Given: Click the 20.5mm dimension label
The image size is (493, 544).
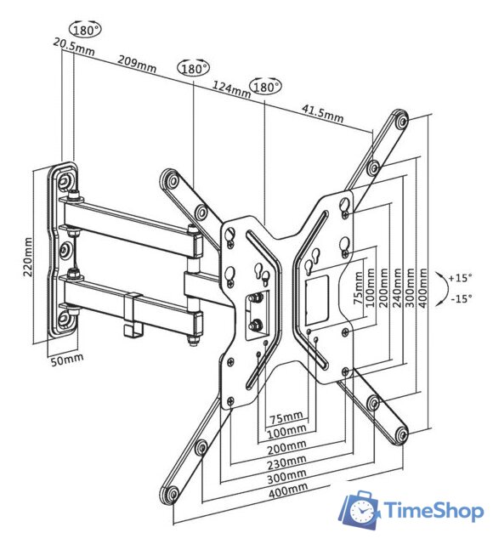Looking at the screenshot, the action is [74, 47].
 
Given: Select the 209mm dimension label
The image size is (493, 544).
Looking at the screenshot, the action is [137, 64].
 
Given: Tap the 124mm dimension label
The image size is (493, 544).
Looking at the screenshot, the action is [231, 89].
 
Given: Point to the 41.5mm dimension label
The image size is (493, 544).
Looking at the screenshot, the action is [322, 113].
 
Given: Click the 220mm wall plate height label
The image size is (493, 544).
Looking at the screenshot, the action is [28, 257].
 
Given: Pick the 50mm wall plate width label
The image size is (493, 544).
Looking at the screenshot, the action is [67, 360].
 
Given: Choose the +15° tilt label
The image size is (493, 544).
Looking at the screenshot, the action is [460, 278].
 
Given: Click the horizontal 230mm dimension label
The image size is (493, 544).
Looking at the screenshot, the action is [286, 462].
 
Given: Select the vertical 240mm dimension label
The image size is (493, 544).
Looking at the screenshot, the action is [397, 287].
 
